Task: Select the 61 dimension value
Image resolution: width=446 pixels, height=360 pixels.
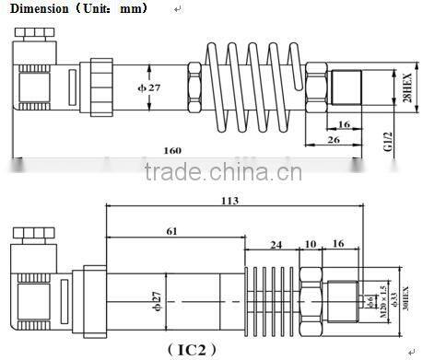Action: pos(172,232)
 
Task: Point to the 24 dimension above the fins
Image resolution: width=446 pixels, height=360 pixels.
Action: pos(276,244)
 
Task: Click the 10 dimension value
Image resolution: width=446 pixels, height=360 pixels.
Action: pos(311,244)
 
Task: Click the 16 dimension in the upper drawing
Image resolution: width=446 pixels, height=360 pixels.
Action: pos(342,122)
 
